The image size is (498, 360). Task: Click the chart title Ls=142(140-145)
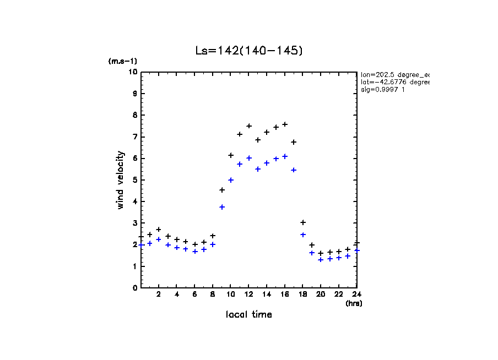coord(249,51)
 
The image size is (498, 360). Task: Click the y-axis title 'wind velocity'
coord(121,180)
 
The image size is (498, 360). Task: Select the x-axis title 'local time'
coord(248,314)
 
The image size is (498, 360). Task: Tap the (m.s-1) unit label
coord(122,61)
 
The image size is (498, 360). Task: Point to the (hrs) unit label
coord(354,303)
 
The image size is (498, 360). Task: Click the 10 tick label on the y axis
coord(133,72)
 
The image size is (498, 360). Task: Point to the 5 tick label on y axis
coord(135,180)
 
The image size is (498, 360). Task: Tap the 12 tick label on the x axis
coord(248,294)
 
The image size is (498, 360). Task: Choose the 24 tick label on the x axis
coord(356,294)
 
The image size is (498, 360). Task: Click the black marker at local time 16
coord(285,124)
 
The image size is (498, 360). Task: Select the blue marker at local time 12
coord(249,158)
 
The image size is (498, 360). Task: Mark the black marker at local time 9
coord(222,190)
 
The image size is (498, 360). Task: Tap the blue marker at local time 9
coord(222,207)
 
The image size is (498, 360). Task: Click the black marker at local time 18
coord(303,222)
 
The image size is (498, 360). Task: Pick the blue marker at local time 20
coord(321,260)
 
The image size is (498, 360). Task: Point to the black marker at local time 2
coord(159,230)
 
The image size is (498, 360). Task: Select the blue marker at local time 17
coord(294,170)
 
